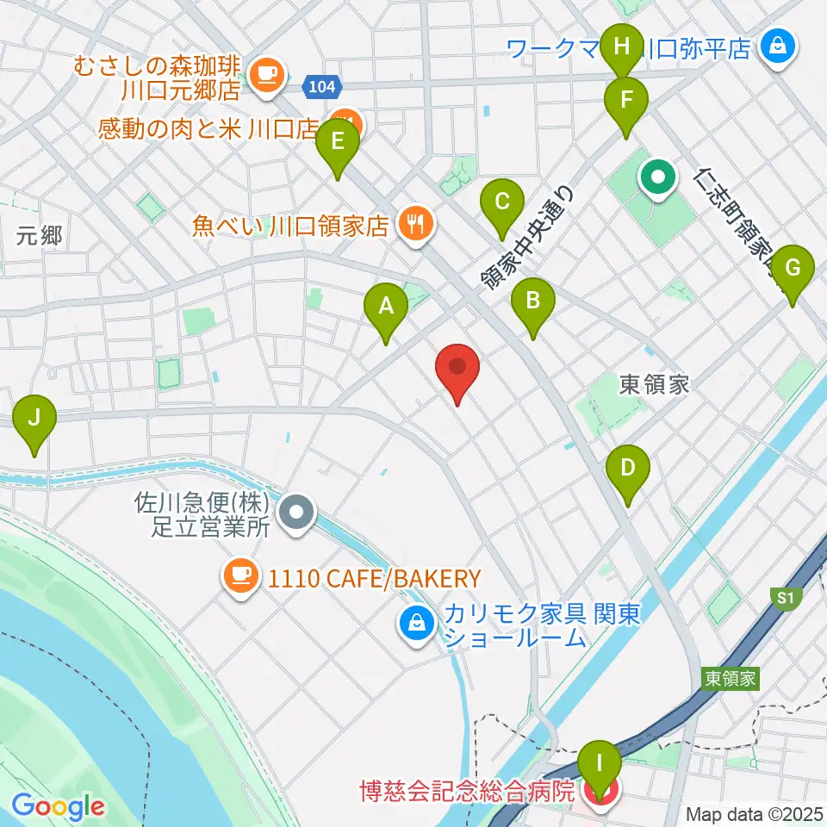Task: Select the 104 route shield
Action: click(324, 86)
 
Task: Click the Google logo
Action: click(58, 806)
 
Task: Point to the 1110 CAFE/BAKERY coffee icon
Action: click(241, 576)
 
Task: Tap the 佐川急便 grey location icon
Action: click(297, 514)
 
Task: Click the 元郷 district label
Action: click(40, 235)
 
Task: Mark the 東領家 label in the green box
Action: click(729, 679)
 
